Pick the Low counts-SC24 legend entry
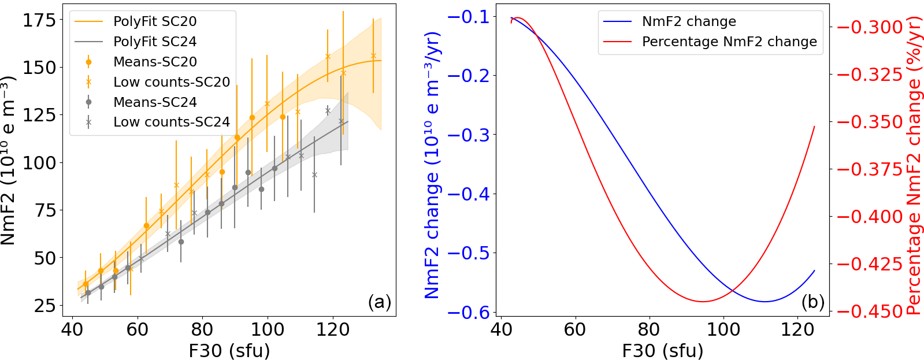tap(171, 122)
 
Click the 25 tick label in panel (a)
tap(45, 305)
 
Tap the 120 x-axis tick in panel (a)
tap(333, 329)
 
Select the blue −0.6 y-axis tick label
tap(468, 313)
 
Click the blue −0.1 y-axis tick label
tap(468, 17)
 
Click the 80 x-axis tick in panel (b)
tap(649, 329)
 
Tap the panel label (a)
tap(379, 302)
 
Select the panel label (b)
tap(812, 302)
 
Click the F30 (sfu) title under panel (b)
tap(662, 350)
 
